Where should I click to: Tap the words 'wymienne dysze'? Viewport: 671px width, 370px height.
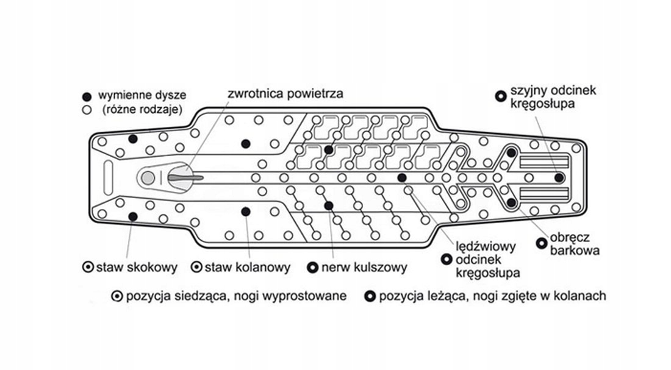coord(142,96)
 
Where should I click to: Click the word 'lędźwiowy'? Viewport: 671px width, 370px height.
coord(486,247)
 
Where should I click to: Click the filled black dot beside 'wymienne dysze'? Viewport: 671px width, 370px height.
coord(87,96)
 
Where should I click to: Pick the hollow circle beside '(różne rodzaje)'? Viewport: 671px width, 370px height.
coord(87,110)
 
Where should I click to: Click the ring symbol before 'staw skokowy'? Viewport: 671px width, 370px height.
coord(87,267)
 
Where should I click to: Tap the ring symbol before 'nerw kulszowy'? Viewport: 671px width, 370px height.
coord(313,267)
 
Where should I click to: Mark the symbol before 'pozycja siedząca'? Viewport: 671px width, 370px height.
coord(117,296)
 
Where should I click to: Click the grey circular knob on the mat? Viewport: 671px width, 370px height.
coord(148,178)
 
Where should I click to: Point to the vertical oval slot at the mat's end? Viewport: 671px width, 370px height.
coord(108,177)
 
